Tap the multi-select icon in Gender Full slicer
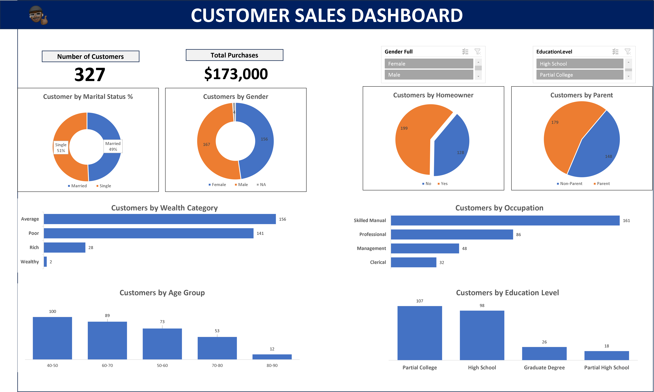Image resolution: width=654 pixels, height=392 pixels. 465,52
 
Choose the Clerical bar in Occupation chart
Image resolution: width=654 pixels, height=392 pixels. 413,262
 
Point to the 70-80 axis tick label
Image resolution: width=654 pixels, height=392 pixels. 217,365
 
